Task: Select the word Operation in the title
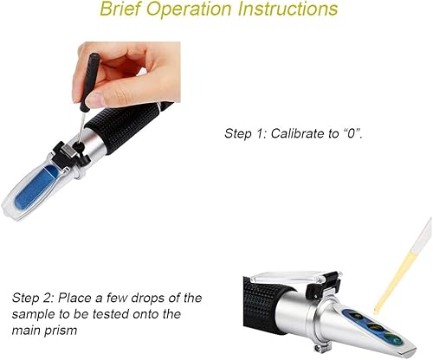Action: click(x=190, y=10)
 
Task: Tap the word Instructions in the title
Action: click(x=288, y=9)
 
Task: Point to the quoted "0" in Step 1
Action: click(x=351, y=133)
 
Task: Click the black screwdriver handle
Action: click(x=89, y=82)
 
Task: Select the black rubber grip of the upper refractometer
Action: click(x=124, y=127)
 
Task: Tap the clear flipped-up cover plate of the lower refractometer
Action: click(x=287, y=278)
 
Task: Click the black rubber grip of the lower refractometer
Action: click(x=263, y=309)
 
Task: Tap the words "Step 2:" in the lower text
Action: click(x=33, y=299)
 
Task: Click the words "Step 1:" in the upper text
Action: click(x=246, y=134)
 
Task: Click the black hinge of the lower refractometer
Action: click(x=323, y=283)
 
